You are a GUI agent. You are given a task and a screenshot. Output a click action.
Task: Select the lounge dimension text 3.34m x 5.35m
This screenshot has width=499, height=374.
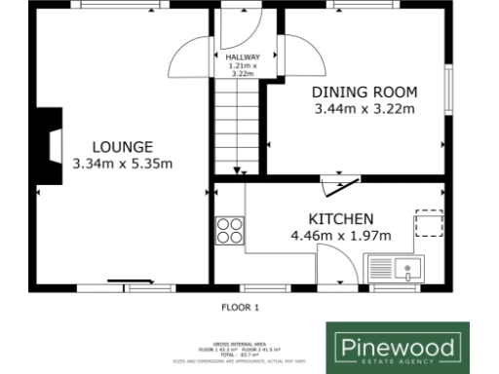pos(122,165)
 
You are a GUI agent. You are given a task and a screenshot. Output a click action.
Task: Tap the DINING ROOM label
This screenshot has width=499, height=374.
pos(365,93)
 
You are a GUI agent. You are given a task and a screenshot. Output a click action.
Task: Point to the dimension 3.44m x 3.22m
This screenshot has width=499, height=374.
pos(365,109)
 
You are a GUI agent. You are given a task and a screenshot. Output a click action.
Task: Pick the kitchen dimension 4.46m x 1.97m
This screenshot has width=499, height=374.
pos(340,236)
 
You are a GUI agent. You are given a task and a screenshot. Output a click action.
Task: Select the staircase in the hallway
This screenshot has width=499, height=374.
pos(236,127)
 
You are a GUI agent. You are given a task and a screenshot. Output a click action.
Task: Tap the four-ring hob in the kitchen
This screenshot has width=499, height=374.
pos(230,230)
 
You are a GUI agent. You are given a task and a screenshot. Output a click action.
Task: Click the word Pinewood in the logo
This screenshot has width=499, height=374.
pos(396,345)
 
